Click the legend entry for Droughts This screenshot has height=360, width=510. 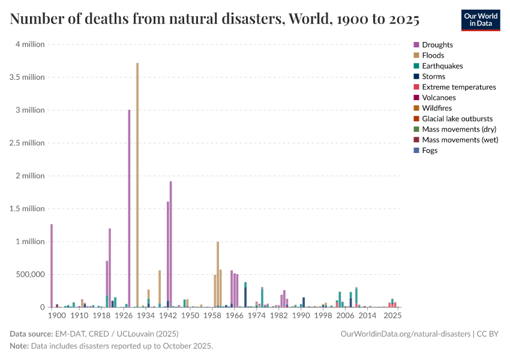(x=437, y=45)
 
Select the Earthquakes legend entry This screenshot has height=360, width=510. (x=442, y=66)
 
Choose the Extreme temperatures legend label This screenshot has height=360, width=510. (x=459, y=87)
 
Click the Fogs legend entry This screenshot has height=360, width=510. (x=430, y=151)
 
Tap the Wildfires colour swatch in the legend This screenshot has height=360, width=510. (x=416, y=108)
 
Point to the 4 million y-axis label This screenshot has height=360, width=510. (x=29, y=44)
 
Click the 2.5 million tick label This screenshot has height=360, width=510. (x=26, y=143)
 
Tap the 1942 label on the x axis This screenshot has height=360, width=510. (x=168, y=315)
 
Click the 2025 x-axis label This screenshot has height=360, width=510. (x=392, y=315)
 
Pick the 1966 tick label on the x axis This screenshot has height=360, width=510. (x=235, y=315)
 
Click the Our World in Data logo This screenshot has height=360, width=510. (x=480, y=20)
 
